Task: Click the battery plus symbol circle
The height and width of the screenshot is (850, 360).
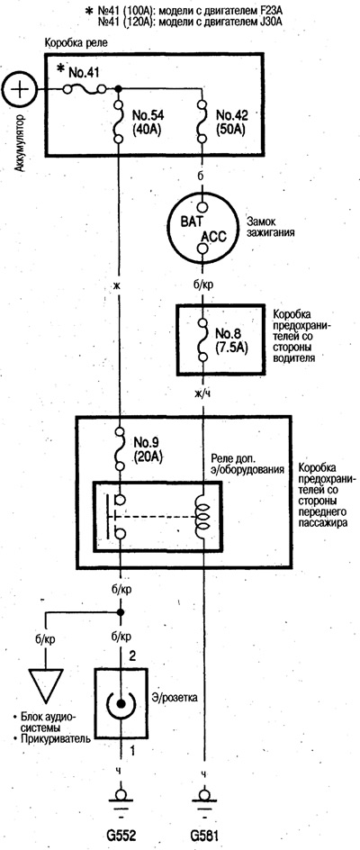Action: [19, 89]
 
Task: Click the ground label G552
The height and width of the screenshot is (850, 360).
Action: [121, 833]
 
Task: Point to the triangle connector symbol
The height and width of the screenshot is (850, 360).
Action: [46, 687]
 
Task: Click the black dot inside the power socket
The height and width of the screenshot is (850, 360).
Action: [121, 703]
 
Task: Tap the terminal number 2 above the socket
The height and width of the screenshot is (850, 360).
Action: [131, 657]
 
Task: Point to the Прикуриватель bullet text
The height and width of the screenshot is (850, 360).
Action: [49, 739]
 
